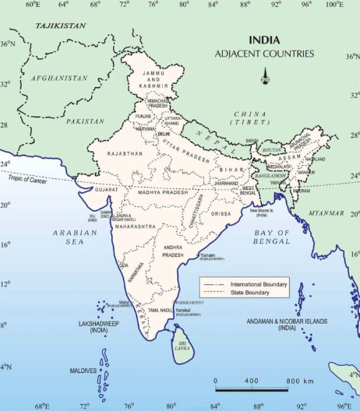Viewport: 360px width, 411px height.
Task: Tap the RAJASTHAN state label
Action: coord(125,154)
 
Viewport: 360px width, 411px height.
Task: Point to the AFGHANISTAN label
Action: coord(58,78)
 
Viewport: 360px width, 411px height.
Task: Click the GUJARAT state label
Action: coord(106,189)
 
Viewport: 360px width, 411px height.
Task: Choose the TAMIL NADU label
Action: coord(161,311)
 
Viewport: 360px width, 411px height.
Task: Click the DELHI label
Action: coord(164,134)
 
